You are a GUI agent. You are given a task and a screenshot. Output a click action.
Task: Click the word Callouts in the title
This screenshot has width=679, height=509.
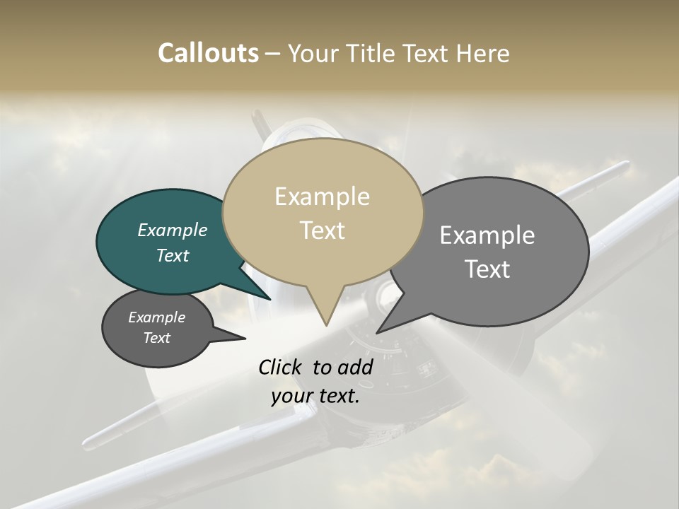(208, 53)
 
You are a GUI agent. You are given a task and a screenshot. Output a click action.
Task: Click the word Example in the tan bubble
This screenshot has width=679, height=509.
(322, 197)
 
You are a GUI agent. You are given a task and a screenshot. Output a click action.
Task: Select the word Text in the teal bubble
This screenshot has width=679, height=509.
(173, 255)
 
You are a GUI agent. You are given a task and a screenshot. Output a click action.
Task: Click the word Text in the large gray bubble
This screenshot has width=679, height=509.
(487, 269)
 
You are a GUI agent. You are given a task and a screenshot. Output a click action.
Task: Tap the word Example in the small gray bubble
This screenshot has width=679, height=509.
(156, 317)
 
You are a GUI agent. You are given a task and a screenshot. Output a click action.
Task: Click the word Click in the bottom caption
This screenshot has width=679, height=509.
(281, 367)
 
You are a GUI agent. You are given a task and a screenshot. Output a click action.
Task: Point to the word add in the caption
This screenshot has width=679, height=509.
(355, 367)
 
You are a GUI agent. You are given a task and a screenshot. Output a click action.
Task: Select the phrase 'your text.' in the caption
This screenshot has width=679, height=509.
(315, 396)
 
